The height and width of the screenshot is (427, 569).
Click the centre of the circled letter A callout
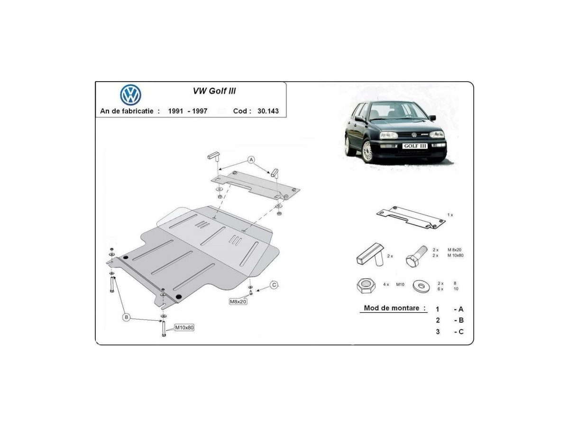click(x=251, y=160)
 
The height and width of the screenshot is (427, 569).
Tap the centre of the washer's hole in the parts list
click(x=421, y=286)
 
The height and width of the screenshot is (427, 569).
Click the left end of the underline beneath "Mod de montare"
click(x=360, y=313)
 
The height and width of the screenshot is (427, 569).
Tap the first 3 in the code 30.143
click(x=259, y=111)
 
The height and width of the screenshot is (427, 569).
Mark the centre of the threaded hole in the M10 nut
click(x=366, y=282)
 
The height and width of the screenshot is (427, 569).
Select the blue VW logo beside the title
click(x=130, y=94)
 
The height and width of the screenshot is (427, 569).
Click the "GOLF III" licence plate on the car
click(x=415, y=146)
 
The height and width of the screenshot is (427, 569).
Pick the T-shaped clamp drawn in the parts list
click(x=370, y=255)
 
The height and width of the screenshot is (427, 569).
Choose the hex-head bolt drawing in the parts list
click(x=416, y=256)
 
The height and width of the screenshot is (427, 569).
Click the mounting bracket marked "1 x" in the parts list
click(x=411, y=218)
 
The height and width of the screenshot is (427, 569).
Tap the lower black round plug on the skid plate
click(x=178, y=297)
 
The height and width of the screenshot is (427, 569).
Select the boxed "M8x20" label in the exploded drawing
click(x=238, y=302)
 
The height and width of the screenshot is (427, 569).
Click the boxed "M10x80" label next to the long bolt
click(x=184, y=327)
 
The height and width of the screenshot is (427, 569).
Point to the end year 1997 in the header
click(x=200, y=111)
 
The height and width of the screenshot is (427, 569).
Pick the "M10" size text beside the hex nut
click(x=400, y=284)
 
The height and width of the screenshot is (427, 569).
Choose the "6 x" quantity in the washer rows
click(x=440, y=289)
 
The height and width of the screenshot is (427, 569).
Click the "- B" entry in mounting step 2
click(x=459, y=320)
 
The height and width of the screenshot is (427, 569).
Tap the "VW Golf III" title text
click(x=214, y=91)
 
